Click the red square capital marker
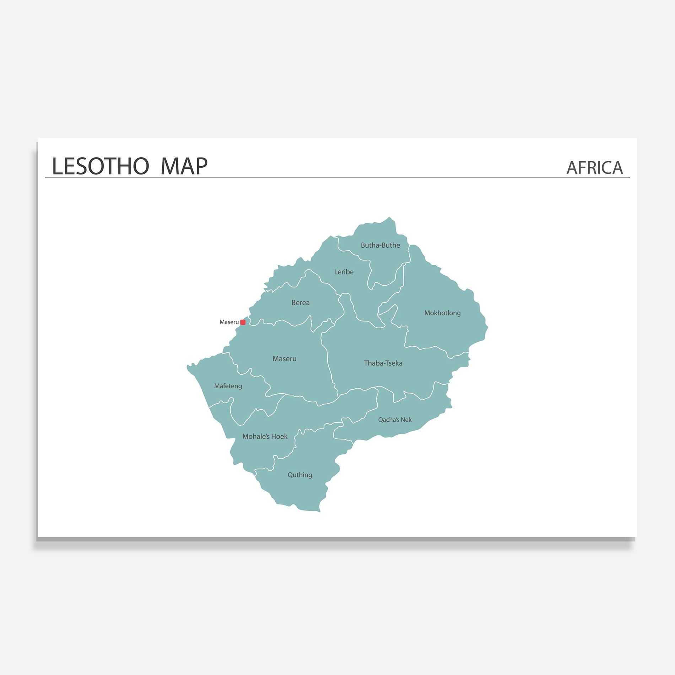click(x=243, y=322)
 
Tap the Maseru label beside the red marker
click(x=229, y=322)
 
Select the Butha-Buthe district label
click(x=380, y=245)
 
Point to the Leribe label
click(x=344, y=272)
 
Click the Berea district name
click(x=300, y=303)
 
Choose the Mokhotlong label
click(x=442, y=313)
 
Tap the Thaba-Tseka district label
click(x=383, y=363)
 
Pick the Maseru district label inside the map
click(x=284, y=359)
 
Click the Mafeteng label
click(x=228, y=386)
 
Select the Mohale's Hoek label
click(x=265, y=436)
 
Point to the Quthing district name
click(x=299, y=475)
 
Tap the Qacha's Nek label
click(x=395, y=420)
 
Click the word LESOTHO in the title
click(x=100, y=166)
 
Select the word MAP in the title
click(x=184, y=166)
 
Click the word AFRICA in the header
click(x=594, y=168)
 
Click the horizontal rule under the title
click(x=337, y=178)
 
